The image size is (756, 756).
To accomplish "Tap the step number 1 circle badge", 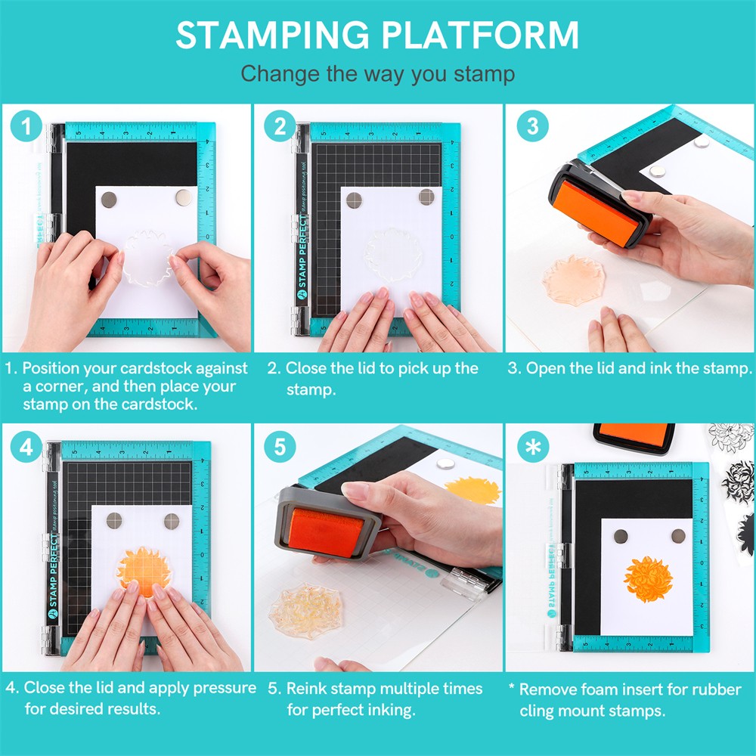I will pos(27,126).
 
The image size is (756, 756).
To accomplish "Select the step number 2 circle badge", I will pos(280,126).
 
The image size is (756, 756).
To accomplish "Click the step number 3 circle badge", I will pos(532,126).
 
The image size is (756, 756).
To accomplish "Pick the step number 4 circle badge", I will pos(27,447).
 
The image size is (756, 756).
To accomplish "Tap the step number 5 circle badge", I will pos(280,447).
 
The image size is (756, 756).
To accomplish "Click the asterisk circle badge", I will pos(532,447).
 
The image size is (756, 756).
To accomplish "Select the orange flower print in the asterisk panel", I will pos(648,579).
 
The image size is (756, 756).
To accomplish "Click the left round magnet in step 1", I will pos(109,199).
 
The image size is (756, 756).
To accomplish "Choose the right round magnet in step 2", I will pos(426,197).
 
